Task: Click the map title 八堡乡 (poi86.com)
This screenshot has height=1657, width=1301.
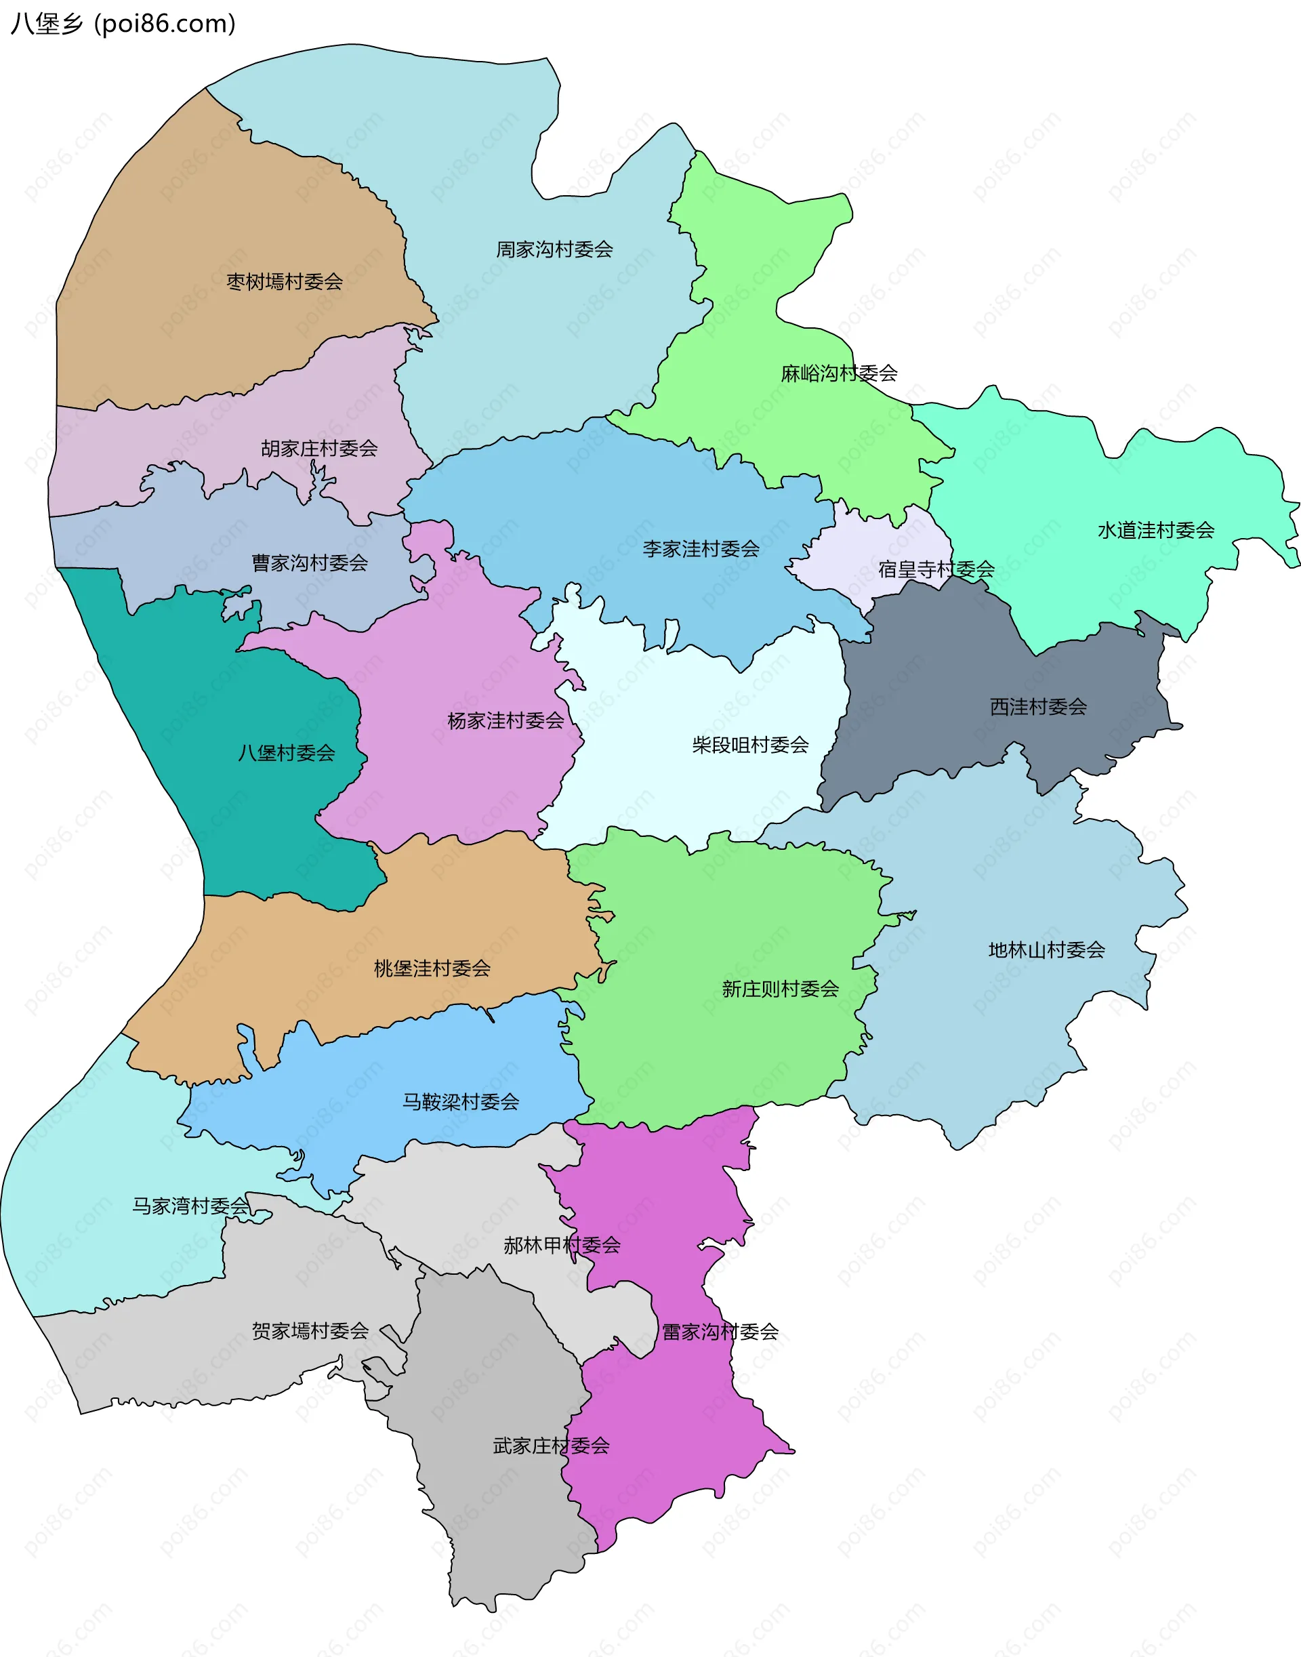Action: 123,24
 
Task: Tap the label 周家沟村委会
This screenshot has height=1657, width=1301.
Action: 554,249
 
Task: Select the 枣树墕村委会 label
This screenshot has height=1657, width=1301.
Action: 285,282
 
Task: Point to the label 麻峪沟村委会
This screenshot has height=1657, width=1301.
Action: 839,373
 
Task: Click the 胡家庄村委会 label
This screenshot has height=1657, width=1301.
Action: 319,448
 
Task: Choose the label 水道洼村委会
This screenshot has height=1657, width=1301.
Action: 1155,530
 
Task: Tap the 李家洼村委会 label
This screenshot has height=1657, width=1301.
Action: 701,548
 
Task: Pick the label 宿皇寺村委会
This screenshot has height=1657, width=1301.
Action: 936,569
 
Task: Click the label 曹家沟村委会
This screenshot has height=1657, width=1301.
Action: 310,563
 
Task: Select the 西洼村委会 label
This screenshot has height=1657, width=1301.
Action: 1038,706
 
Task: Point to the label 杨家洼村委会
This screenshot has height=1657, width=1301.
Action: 505,720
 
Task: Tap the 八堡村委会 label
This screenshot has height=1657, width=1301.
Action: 287,753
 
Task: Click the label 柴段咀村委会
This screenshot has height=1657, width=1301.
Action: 750,744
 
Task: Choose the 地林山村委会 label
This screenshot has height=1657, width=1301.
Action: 1047,950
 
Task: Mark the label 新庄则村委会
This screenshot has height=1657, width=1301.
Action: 780,989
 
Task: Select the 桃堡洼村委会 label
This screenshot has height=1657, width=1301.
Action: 432,968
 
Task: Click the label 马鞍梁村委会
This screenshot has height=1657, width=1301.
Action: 461,1102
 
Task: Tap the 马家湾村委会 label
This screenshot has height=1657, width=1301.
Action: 190,1206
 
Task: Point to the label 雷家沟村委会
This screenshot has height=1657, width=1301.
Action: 720,1332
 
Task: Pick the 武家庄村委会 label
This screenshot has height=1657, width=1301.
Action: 552,1446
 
